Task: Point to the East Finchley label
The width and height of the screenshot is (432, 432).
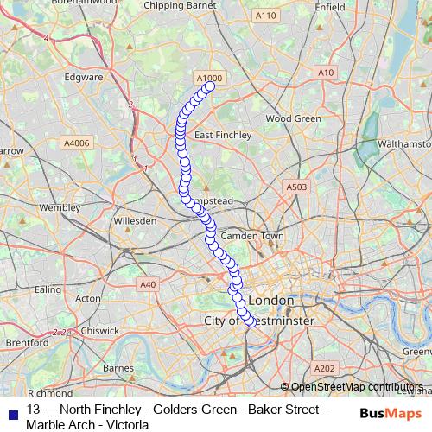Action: [x=223, y=135]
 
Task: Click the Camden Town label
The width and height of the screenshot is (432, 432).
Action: [x=252, y=236]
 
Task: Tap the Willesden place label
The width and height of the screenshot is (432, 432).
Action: [x=136, y=221]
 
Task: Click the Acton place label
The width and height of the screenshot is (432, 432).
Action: [x=88, y=298]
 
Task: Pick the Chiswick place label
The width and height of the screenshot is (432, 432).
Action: [x=101, y=329]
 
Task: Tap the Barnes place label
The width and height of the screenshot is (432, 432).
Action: [x=118, y=368]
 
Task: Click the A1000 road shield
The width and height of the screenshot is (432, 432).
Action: [x=210, y=78]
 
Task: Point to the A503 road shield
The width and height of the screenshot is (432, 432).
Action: [x=296, y=187]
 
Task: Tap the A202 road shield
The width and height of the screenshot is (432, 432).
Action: [x=324, y=369]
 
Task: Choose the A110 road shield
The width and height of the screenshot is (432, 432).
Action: [x=265, y=16]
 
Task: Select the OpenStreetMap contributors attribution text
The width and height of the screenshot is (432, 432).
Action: [x=357, y=387]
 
